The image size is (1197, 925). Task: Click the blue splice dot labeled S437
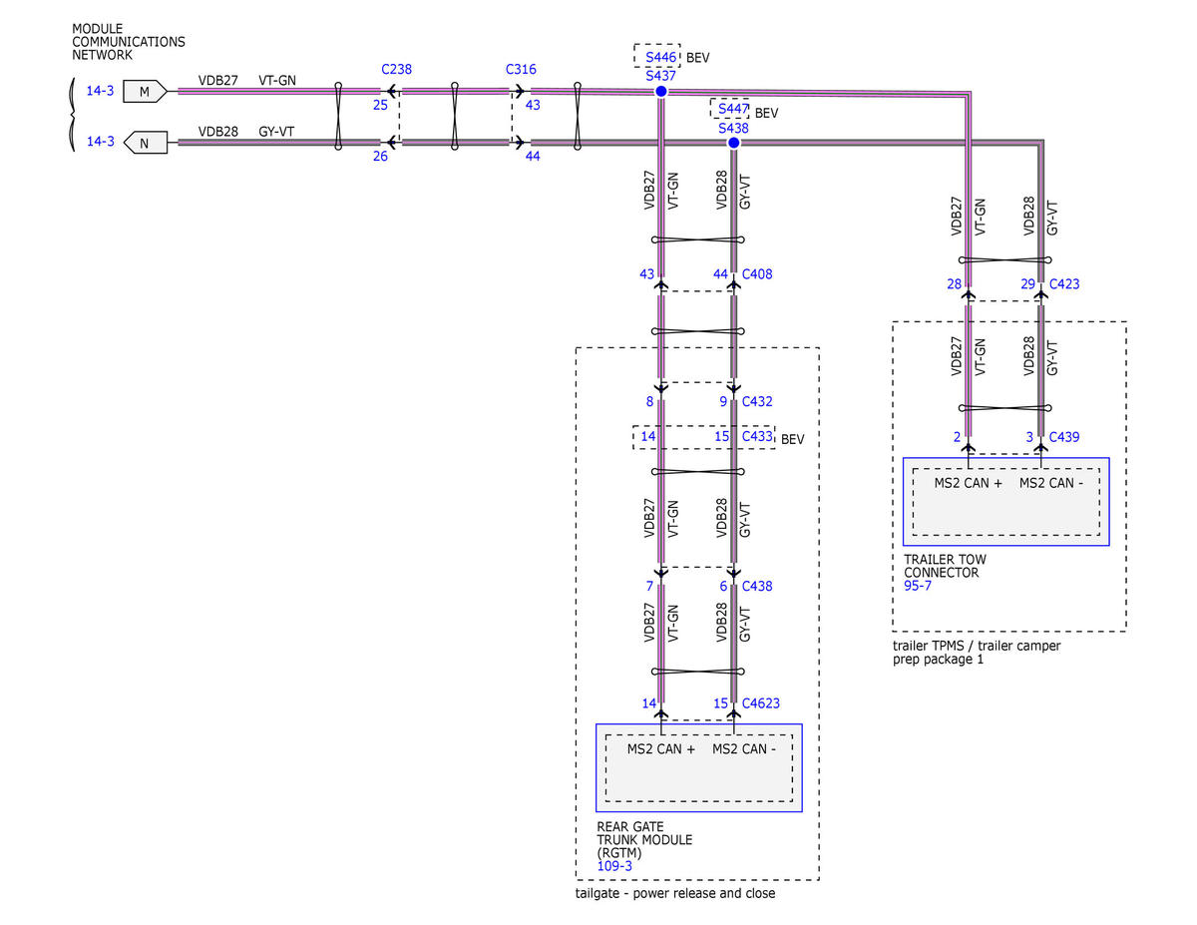click(661, 92)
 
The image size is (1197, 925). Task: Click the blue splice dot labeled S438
click(734, 143)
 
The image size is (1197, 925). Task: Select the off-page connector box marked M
click(145, 92)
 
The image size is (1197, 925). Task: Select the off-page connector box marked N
click(145, 143)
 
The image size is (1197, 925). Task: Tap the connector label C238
click(397, 70)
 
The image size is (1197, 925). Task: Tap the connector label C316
click(521, 70)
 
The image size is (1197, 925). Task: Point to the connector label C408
click(757, 274)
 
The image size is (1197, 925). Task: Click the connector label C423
click(1064, 284)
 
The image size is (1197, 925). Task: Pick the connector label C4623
click(761, 703)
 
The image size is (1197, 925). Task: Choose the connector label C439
click(1064, 437)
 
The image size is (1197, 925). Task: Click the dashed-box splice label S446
click(660, 57)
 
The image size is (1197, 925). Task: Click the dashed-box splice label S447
click(733, 109)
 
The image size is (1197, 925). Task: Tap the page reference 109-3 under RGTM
click(614, 866)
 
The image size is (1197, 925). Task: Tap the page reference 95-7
click(918, 586)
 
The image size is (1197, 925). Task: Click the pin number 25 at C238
click(380, 105)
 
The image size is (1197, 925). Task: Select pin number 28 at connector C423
click(954, 284)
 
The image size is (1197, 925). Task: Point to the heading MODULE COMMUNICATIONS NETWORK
click(129, 42)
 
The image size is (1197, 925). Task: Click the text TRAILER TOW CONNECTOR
click(945, 566)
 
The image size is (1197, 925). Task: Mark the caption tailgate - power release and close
click(675, 893)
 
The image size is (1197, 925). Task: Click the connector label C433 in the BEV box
click(757, 436)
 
